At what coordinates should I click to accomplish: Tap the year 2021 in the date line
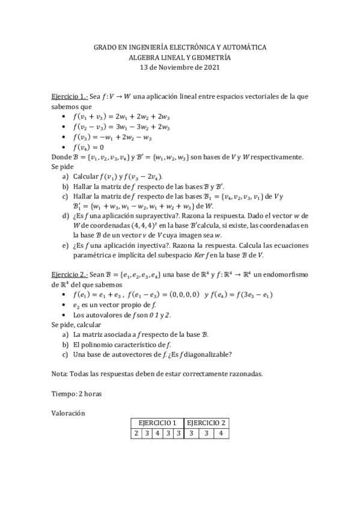210,67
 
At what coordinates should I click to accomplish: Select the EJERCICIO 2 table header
206,423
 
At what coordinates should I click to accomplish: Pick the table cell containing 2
136,433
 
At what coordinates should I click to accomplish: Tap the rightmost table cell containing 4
221,433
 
